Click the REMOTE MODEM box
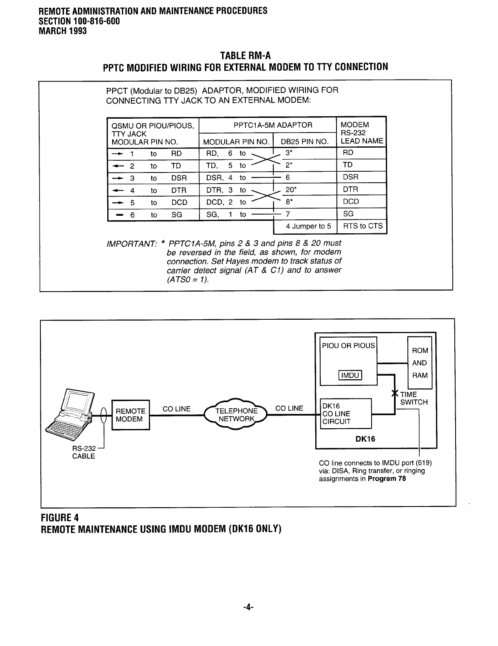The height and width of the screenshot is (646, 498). click(131, 415)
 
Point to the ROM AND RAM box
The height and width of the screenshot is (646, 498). click(420, 363)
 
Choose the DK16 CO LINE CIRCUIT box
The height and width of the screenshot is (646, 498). click(346, 414)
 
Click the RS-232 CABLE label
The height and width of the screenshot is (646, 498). click(84, 453)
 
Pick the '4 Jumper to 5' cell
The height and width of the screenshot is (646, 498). click(308, 226)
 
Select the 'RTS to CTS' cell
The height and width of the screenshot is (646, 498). click(363, 226)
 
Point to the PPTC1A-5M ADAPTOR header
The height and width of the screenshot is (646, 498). click(272, 125)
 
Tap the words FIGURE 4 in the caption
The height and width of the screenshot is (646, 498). click(60, 518)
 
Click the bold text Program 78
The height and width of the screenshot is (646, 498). click(387, 478)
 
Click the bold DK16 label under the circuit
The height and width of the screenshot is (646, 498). click(365, 439)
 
